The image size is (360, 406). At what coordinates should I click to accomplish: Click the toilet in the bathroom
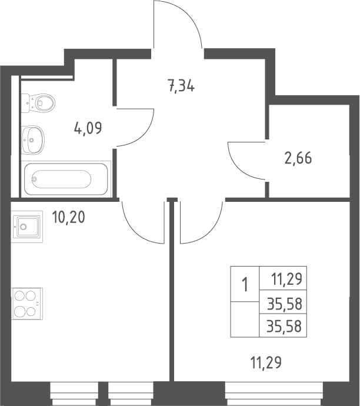(x=38, y=103)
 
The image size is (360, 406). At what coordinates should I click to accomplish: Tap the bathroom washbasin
(x=32, y=140)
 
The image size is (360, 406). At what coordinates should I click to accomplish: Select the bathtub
(x=66, y=179)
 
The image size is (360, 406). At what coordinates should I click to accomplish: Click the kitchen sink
(x=27, y=227)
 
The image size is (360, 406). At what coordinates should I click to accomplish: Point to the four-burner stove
(x=27, y=304)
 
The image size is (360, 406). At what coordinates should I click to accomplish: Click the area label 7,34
(x=181, y=86)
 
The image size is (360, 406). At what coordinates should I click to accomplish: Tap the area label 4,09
(x=88, y=128)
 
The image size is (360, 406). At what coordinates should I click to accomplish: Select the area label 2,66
(x=298, y=158)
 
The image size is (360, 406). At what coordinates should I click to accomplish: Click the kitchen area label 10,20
(x=68, y=217)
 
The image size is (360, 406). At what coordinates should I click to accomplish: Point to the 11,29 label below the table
(x=266, y=362)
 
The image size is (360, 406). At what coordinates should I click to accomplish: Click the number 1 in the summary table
(x=245, y=284)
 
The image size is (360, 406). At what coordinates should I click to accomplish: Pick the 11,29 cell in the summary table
(x=286, y=279)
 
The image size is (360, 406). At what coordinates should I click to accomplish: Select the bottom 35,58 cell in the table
(x=285, y=326)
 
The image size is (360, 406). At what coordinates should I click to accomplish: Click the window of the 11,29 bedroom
(x=274, y=394)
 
